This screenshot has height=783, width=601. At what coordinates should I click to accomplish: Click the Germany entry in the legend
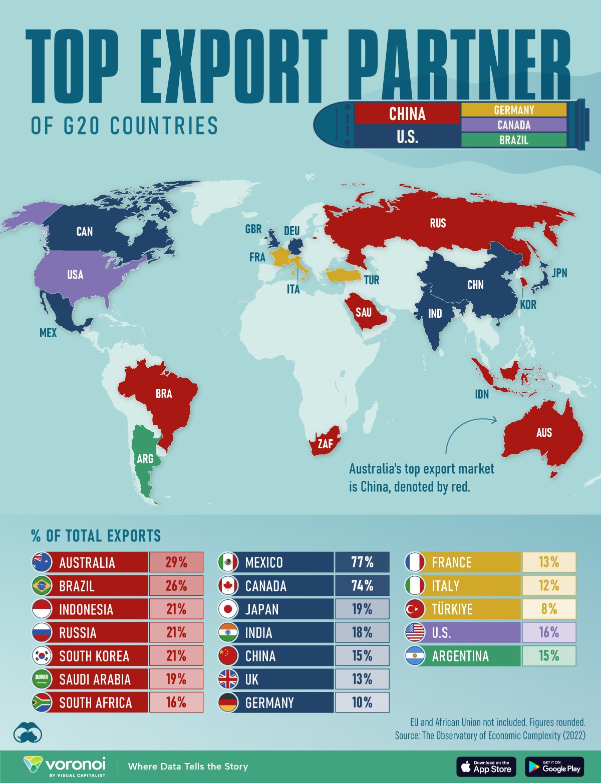[513, 110]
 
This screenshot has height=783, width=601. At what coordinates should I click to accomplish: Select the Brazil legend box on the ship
[513, 140]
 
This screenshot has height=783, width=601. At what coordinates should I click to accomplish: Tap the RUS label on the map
[437, 223]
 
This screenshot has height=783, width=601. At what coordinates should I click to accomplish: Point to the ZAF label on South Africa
[325, 444]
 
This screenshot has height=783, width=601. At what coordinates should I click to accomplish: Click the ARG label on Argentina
[145, 458]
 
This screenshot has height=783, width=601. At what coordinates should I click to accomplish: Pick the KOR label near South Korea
[528, 305]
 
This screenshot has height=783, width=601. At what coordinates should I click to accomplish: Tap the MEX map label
[48, 333]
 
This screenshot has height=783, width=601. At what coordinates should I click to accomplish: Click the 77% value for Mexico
[362, 562]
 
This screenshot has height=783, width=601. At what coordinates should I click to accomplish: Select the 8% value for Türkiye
[549, 609]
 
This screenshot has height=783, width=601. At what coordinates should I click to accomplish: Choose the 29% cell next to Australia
[176, 562]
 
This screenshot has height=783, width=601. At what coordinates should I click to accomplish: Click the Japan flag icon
[228, 609]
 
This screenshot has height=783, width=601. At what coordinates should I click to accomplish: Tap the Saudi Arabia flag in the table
[42, 679]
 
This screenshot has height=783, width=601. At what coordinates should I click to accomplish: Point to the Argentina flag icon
[415, 656]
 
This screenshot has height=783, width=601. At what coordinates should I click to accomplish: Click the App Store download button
[485, 766]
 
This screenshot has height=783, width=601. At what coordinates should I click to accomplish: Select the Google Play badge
[554, 766]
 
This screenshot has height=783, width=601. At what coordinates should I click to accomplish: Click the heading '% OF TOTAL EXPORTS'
[96, 536]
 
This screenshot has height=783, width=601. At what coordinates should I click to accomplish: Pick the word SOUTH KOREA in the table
[94, 656]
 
